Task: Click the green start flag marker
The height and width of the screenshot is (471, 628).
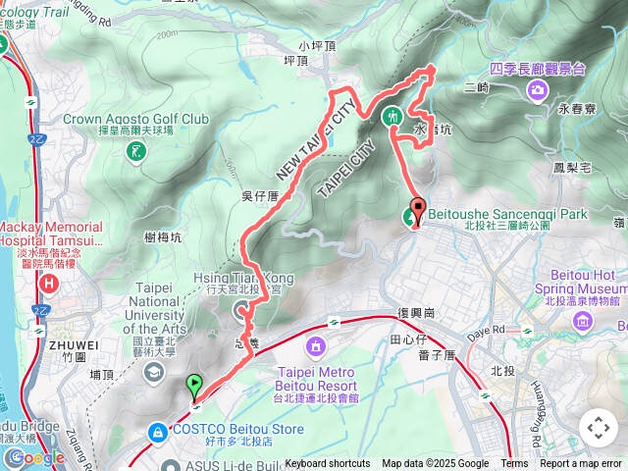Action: click(x=194, y=386)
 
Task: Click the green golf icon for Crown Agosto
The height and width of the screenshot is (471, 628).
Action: click(x=135, y=150)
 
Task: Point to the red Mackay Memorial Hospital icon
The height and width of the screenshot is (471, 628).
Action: click(x=48, y=285)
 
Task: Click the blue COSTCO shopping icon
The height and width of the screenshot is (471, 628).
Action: click(x=157, y=431)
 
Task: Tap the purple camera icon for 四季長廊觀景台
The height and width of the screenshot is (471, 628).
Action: click(x=537, y=91)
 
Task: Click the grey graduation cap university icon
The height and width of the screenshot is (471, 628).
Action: click(x=154, y=372)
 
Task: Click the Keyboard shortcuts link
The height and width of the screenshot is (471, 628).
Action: click(x=328, y=464)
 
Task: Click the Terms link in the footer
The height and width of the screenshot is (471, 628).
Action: click(x=514, y=464)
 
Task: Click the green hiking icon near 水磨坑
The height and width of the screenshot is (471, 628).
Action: click(x=392, y=116)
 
